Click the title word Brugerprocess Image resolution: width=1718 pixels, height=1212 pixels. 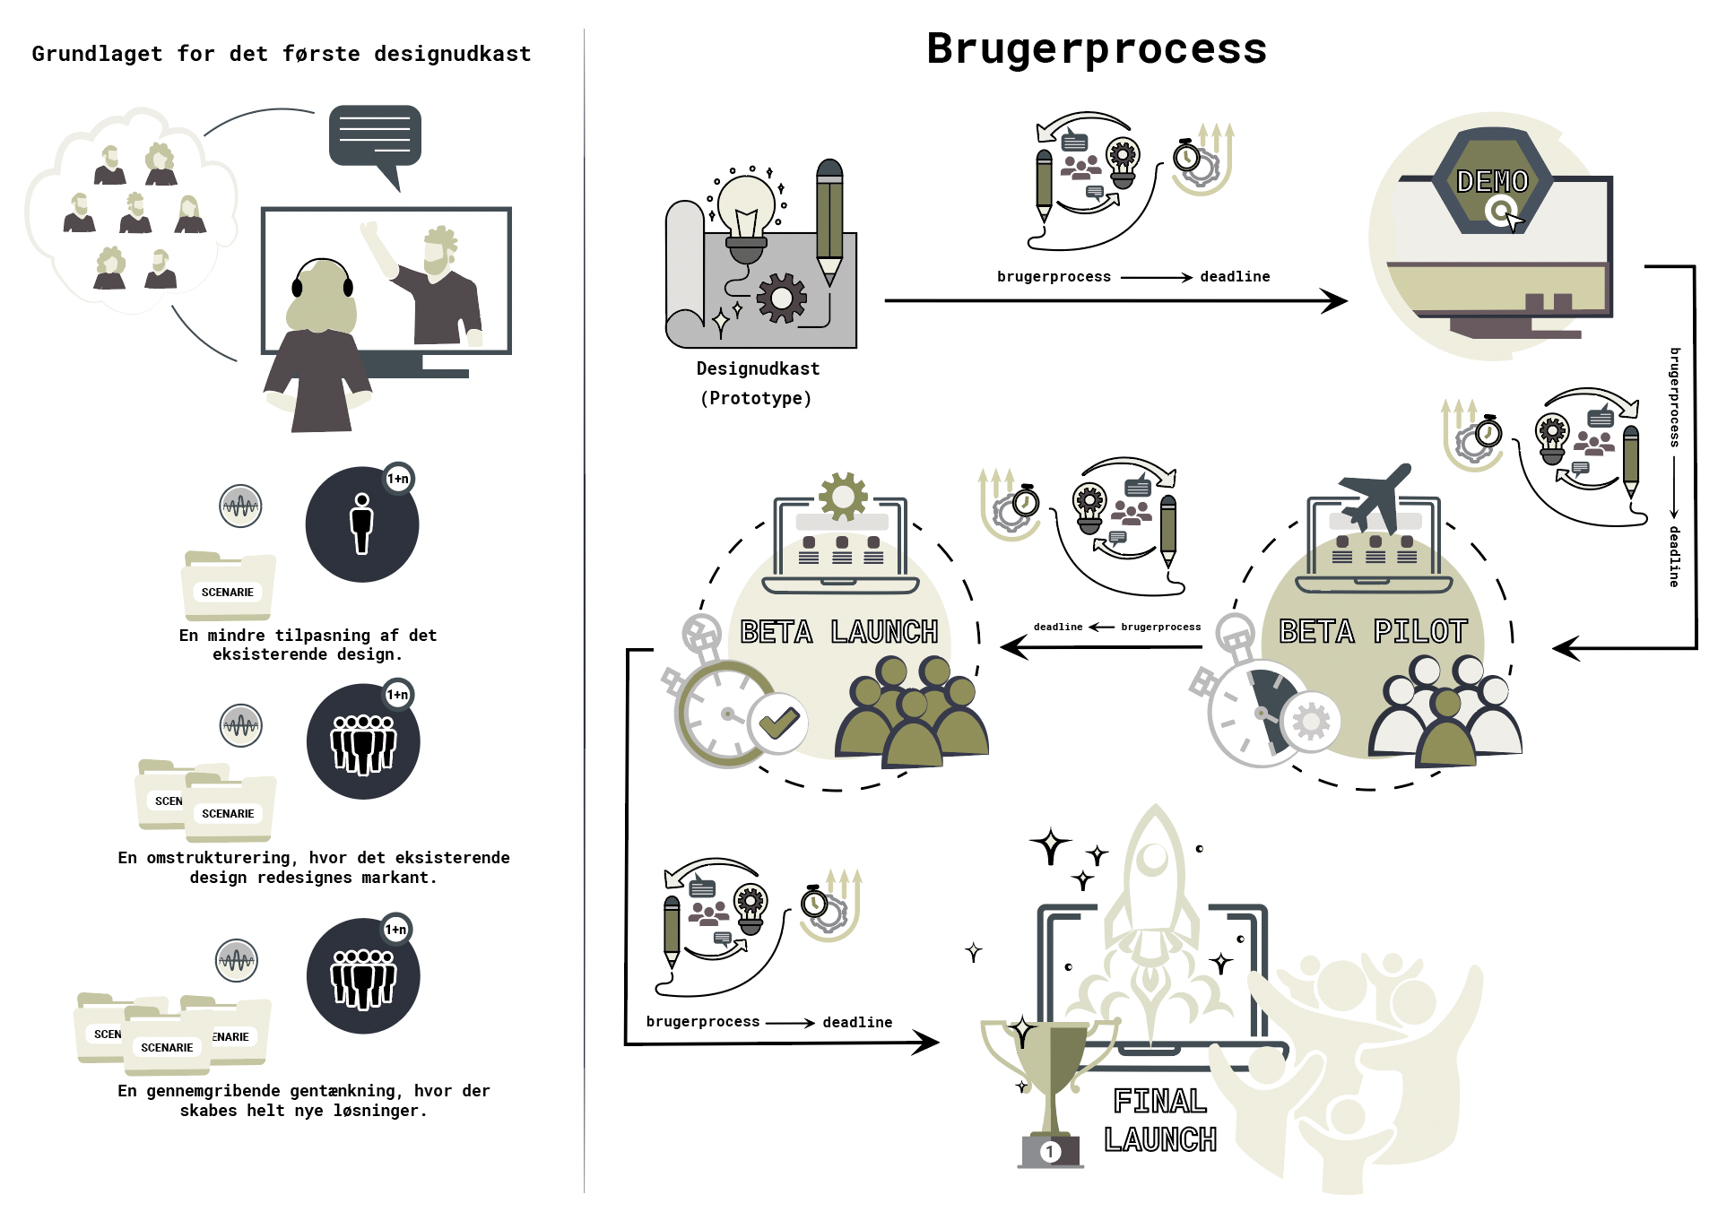point(1096,48)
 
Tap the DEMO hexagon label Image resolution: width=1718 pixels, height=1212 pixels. point(1492,181)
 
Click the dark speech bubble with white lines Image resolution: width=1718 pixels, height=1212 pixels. point(375,136)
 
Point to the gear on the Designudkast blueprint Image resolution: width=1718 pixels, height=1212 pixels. point(782,298)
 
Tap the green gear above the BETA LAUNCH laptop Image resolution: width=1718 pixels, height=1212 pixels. point(843,496)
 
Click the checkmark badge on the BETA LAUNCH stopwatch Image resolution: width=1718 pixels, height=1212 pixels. point(777,723)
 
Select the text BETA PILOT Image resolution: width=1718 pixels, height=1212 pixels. point(1373,631)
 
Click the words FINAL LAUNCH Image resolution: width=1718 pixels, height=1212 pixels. point(1159,1120)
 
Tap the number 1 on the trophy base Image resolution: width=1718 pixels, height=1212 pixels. point(1050,1151)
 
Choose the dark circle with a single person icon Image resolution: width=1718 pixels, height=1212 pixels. point(362,524)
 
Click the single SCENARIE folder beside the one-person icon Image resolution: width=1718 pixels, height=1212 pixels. point(228,587)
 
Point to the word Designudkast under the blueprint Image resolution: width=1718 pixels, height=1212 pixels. point(758,368)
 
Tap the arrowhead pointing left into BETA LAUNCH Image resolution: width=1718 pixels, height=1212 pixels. point(1012,646)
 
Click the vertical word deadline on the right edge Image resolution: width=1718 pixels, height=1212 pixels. point(1673,556)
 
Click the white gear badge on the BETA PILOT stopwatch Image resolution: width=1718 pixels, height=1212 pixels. point(1311,721)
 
